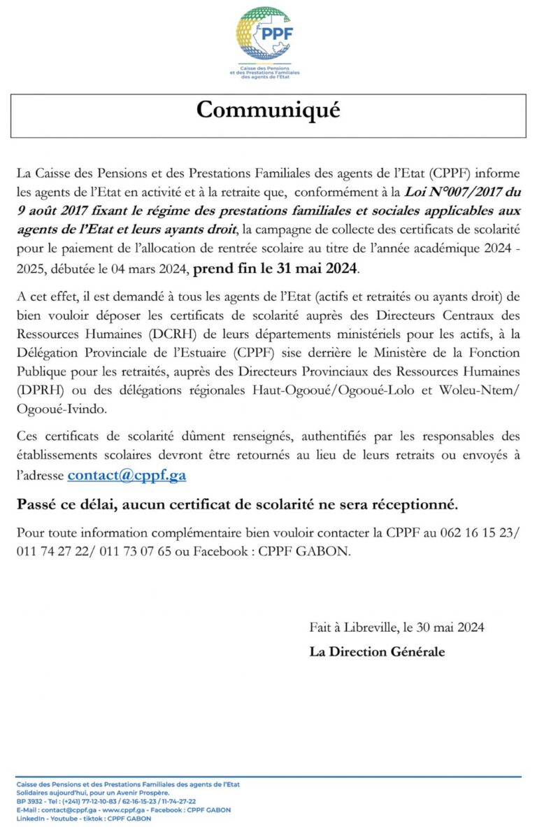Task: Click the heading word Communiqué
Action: (268, 110)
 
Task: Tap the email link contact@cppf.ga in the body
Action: (127, 476)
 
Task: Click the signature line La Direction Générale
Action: (377, 651)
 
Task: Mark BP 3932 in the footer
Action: (29, 801)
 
